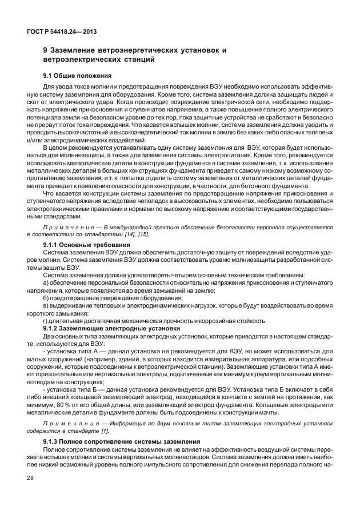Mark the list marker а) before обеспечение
(46, 283)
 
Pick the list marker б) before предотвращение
(46, 298)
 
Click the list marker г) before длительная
(46, 321)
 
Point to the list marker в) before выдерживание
(46, 306)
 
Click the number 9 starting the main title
(45, 50)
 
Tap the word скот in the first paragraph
(34, 101)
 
